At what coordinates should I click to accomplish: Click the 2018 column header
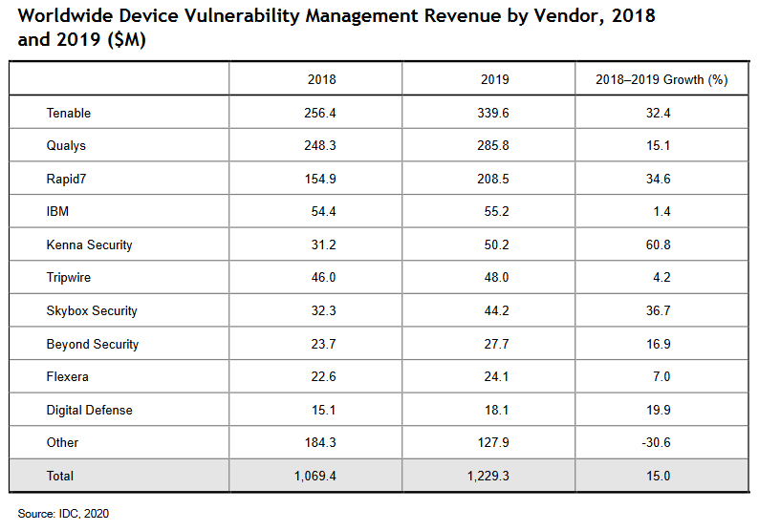pos(322,80)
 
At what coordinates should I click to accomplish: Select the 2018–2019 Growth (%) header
pos(661,80)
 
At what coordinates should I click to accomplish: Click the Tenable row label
pos(69,114)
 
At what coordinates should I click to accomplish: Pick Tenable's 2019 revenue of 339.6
pos(494,114)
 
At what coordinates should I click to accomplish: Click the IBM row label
pos(58,212)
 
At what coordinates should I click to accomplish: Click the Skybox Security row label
pos(92,311)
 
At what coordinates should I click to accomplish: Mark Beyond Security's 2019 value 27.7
pos(494,344)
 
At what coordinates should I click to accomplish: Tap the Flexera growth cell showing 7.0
pos(661,377)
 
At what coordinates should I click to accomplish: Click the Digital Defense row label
pos(89,410)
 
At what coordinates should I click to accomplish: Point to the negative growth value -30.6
pos(661,443)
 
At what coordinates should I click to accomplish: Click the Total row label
pos(60,476)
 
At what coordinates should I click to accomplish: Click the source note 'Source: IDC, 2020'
pos(63,514)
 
